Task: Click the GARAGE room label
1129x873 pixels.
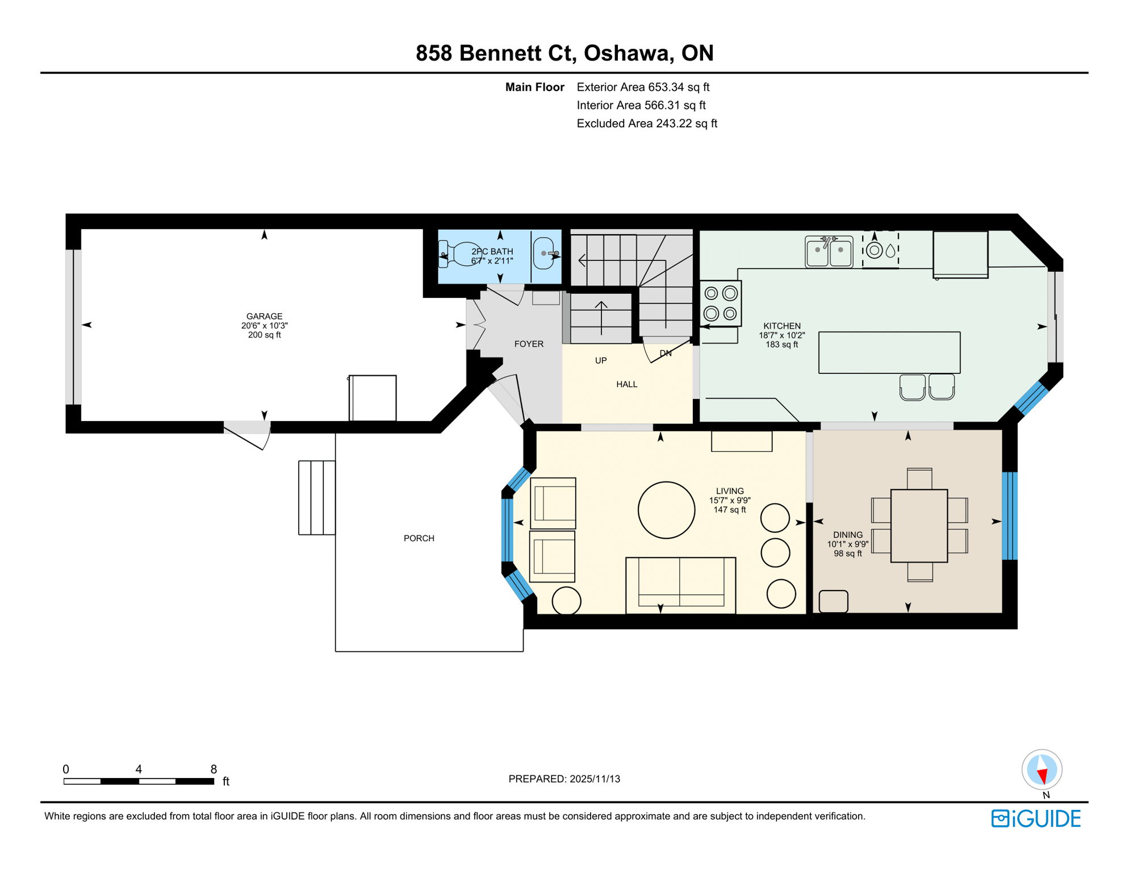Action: [264, 316]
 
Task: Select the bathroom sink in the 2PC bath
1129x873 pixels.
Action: [544, 253]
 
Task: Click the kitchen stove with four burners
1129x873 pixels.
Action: [721, 304]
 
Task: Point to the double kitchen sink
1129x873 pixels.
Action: [829, 251]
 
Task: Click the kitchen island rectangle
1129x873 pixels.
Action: [889, 352]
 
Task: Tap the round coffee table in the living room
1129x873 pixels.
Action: [666, 510]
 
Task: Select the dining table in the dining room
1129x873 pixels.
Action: [918, 525]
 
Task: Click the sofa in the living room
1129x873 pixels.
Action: [680, 585]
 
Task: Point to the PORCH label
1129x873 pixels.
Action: [419, 538]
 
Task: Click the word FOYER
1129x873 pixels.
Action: [529, 344]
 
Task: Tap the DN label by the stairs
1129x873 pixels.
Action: [666, 354]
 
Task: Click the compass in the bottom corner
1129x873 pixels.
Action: [1042, 770]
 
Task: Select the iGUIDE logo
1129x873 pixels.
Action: [1036, 818]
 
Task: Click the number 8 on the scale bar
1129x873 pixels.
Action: [214, 769]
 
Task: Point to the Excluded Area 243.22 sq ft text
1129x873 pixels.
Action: [646, 123]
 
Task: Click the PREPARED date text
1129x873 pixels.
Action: [564, 779]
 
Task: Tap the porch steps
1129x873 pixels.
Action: [317, 497]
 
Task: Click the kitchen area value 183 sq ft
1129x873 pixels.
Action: [781, 344]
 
